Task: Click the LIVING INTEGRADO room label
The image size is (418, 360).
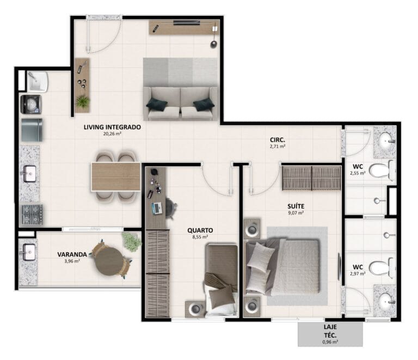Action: click(112, 127)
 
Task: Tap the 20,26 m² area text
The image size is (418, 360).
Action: click(112, 133)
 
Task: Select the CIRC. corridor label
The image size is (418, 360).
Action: click(278, 140)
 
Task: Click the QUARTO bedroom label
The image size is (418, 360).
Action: click(200, 230)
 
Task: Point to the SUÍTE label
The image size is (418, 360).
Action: click(296, 206)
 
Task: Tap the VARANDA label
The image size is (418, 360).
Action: click(72, 254)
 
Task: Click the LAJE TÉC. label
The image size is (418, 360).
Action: click(330, 331)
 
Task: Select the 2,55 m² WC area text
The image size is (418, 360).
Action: click(358, 173)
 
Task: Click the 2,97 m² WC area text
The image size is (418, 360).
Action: click(358, 273)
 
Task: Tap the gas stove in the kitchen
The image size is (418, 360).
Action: click(32, 214)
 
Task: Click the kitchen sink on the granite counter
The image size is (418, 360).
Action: click(29, 174)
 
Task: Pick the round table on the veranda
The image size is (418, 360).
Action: click(109, 261)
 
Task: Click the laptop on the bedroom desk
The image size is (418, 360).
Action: click(157, 208)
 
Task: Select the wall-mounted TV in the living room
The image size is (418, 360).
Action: click(186, 23)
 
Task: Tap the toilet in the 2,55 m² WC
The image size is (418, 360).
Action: click(382, 170)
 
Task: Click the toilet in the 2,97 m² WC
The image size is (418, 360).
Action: click(382, 268)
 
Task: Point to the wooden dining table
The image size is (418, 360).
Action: click(116, 176)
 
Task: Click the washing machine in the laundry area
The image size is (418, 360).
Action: click(31, 104)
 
